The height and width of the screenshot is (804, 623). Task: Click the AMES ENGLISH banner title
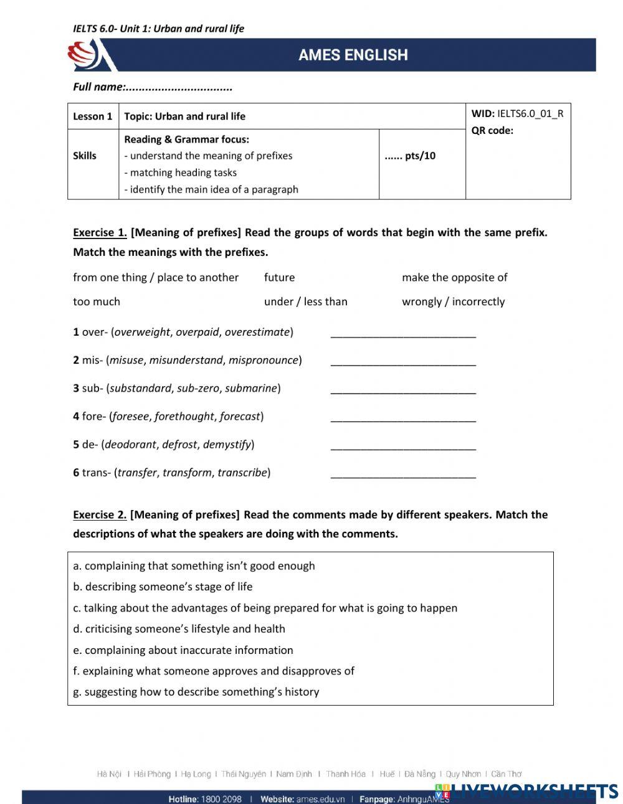[x=353, y=55]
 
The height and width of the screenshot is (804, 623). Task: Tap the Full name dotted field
[x=178, y=87]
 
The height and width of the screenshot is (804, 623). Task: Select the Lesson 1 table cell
[x=93, y=116]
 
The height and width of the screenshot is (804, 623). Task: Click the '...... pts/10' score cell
[x=410, y=156]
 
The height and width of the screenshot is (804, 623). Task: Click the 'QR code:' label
[x=492, y=131]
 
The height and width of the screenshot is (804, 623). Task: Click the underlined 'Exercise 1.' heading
[x=100, y=233]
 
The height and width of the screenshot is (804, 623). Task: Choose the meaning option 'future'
[x=279, y=278]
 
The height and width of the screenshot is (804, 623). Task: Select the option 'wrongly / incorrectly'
[x=453, y=301]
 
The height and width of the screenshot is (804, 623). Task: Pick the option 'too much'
[x=97, y=301]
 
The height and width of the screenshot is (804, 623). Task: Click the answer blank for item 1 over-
[x=403, y=333]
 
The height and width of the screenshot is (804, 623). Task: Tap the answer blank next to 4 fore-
[x=403, y=417]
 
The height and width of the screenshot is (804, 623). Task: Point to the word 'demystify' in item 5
[x=227, y=445]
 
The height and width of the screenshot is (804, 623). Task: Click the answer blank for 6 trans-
[x=403, y=473]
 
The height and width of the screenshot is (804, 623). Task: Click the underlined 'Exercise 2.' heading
[x=100, y=515]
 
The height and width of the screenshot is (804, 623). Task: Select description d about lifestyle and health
[x=179, y=629]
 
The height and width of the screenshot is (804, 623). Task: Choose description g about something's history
[x=196, y=692]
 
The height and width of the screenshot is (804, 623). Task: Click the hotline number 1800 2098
[x=221, y=799]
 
